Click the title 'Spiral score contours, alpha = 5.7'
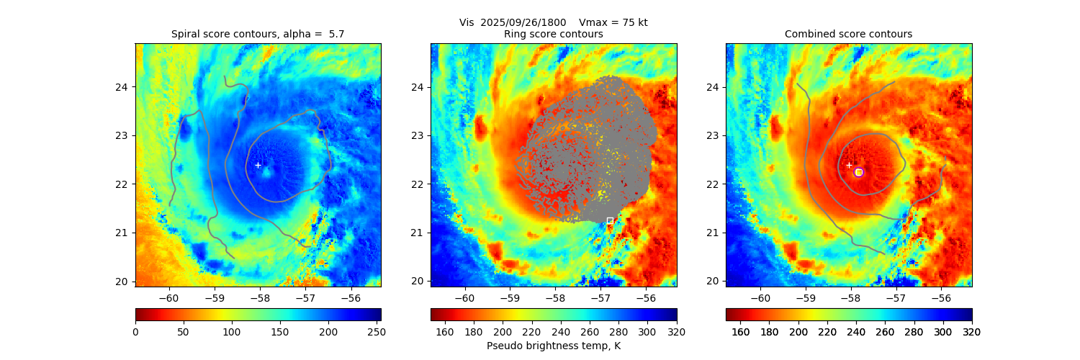coord(258,34)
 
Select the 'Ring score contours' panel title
coord(553,34)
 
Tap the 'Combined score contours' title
coord(848,34)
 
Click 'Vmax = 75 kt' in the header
coord(613,22)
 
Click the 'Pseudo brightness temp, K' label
coord(553,346)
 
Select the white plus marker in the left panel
coord(258,165)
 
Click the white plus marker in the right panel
coord(849,165)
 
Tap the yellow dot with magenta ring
coord(858,172)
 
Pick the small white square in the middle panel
coord(610,220)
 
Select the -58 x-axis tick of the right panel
coord(850,297)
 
